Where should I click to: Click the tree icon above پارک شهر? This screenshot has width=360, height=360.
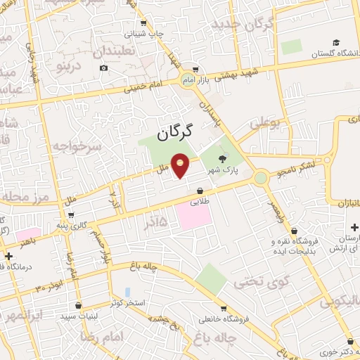(x=223, y=159)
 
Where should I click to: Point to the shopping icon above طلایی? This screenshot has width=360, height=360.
(x=200, y=191)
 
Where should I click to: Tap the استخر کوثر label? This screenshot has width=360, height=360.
(x=127, y=302)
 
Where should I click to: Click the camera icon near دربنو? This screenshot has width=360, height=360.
(x=104, y=67)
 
